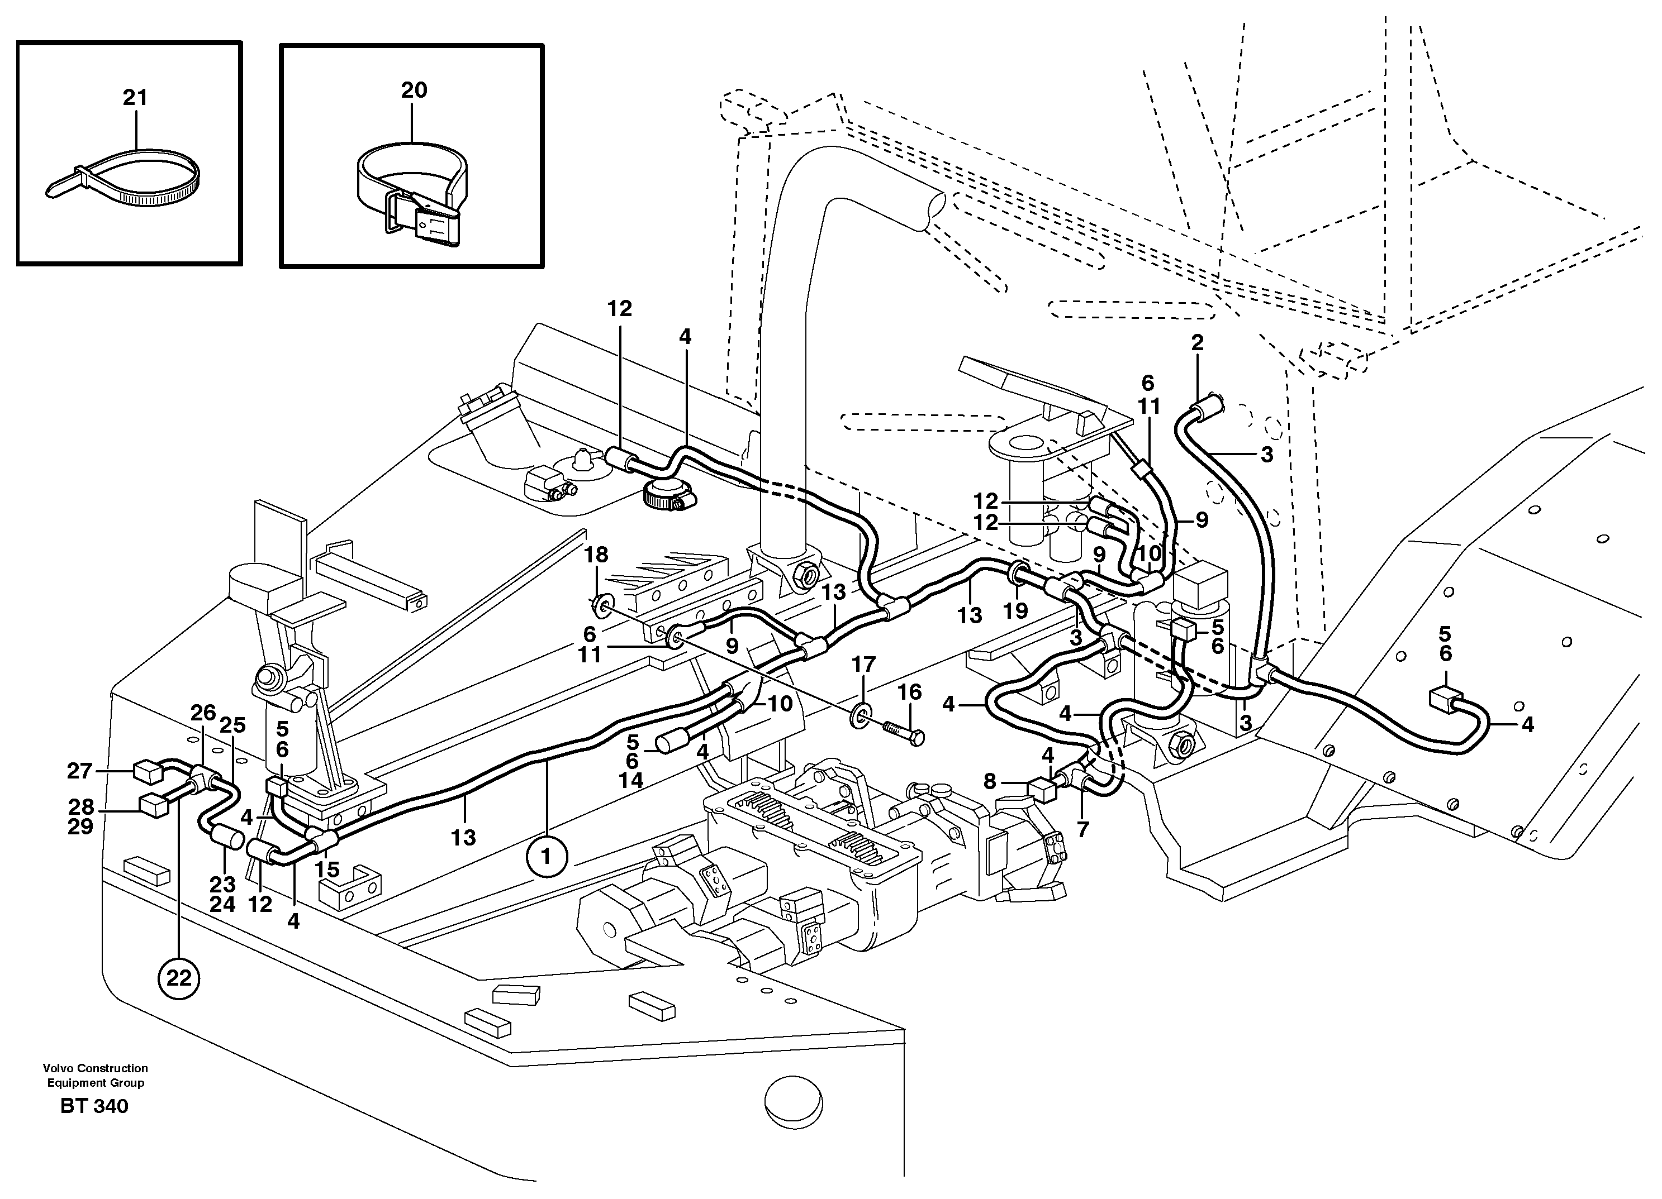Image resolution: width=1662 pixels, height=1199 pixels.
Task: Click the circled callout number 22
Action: point(179,977)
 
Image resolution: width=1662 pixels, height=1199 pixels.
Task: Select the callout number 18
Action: point(596,555)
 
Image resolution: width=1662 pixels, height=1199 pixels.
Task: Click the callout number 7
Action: point(1082,829)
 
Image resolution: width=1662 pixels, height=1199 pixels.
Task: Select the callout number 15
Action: point(327,870)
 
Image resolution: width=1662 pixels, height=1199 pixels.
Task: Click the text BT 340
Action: point(94,1106)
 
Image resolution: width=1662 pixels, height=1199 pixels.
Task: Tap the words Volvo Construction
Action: point(95,1068)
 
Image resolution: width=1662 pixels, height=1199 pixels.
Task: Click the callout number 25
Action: point(232,725)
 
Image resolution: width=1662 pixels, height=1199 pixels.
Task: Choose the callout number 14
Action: point(631,780)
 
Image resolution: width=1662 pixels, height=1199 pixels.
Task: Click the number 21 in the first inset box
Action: point(135,97)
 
